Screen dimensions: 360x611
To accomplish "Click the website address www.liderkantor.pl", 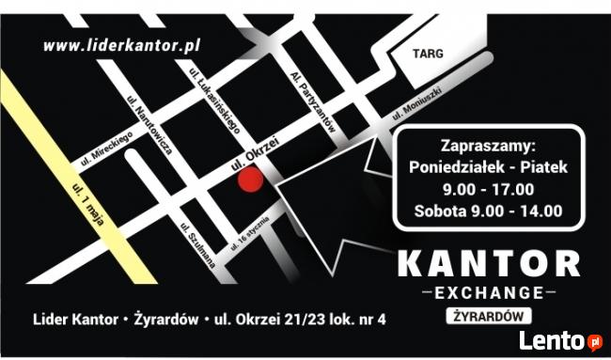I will pos(123,44).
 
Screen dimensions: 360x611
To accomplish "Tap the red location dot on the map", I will pos(248,180).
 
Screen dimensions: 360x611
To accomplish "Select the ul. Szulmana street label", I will pos(196,245).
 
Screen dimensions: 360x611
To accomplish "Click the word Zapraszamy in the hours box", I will pos(487,147).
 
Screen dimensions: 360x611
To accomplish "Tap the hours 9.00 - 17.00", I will pos(487,189).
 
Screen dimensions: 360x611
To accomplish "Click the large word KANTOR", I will pos(488,264).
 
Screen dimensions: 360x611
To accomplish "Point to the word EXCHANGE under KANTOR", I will pos(488,291).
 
